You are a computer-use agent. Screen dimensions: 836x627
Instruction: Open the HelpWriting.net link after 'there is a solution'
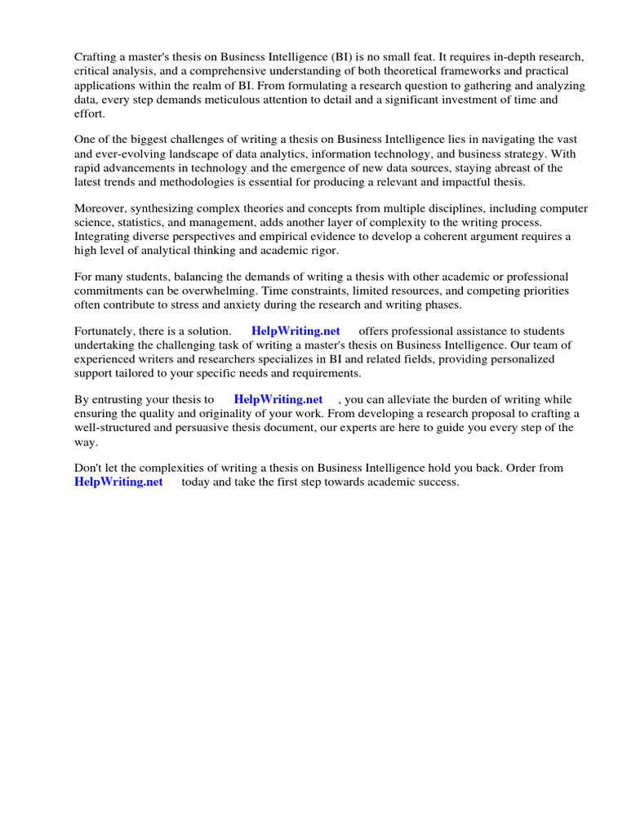[x=296, y=331]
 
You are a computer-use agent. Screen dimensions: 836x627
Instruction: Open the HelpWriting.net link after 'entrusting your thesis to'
[x=278, y=400]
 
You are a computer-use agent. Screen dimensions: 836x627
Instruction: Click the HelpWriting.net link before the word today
[x=118, y=482]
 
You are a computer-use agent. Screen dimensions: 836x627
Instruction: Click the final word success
[x=439, y=482]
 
